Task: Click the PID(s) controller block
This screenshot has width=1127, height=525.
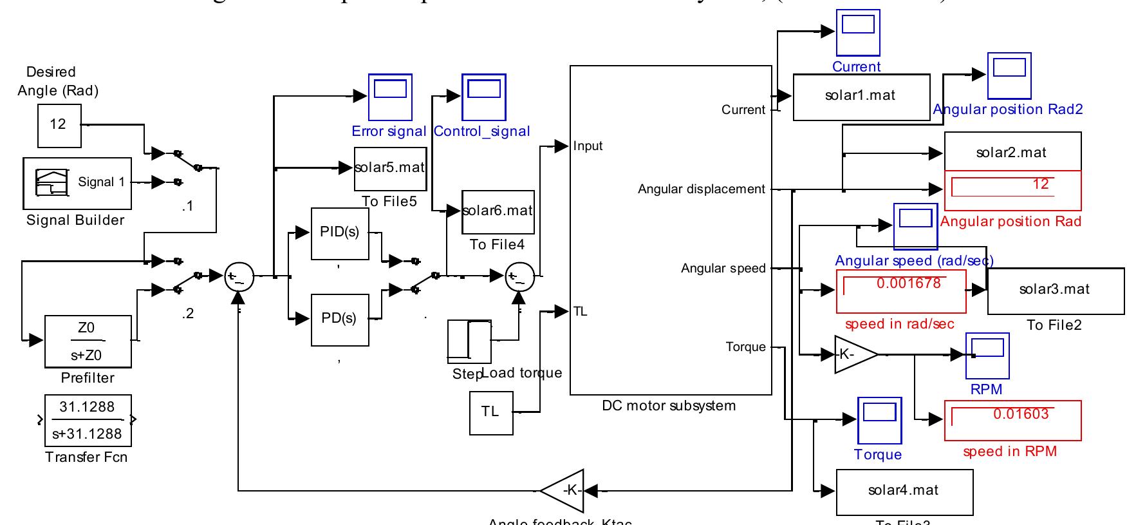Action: coord(340,233)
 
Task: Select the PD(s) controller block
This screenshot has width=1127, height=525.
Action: coord(340,320)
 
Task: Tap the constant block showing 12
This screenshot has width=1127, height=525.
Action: coord(58,124)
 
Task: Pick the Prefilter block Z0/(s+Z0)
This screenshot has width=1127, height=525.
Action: coord(88,341)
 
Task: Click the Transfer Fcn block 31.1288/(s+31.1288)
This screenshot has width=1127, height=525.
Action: coord(88,421)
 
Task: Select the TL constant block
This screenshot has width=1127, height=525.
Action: coord(490,412)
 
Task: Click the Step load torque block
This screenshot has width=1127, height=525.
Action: coord(469,341)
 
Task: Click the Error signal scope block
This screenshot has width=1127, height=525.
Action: coord(389,97)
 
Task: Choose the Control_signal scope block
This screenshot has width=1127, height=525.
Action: coord(483,97)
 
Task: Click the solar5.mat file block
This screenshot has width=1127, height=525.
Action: coord(389,168)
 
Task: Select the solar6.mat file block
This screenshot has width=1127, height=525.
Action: coord(498,211)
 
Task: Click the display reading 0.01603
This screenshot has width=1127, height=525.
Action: coord(1012,420)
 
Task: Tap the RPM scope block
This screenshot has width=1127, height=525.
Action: coord(987,355)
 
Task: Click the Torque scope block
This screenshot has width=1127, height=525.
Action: coord(879,419)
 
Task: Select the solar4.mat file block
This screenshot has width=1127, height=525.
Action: coord(904,492)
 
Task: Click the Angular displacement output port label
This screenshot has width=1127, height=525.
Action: coord(701,189)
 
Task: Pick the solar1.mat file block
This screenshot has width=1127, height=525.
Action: coord(861,97)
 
